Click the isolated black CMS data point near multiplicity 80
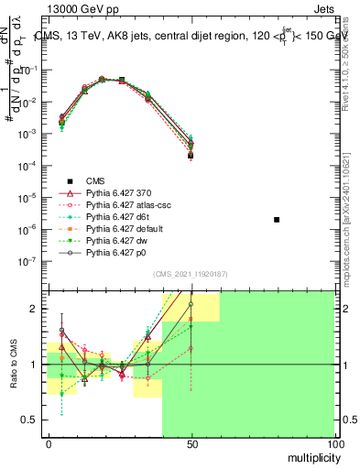(x=277, y=220)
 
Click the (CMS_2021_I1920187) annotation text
(x=191, y=274)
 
